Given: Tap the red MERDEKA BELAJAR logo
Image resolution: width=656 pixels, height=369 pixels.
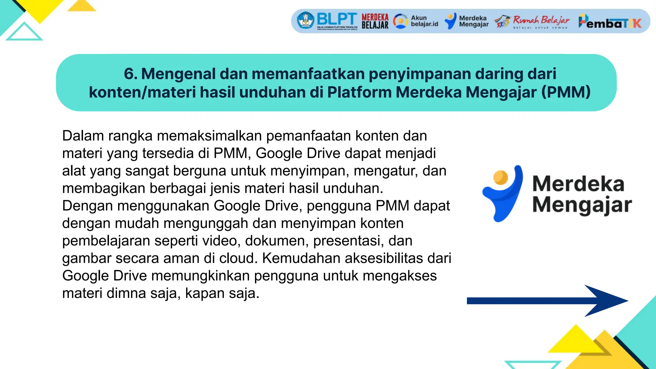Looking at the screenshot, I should [375, 21].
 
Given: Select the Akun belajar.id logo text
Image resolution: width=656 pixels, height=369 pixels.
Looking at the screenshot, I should [424, 21].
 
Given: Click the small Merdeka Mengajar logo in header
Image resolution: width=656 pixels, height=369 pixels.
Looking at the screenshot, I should [467, 21].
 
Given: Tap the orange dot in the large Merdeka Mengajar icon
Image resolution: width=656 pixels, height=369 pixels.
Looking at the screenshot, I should [500, 177].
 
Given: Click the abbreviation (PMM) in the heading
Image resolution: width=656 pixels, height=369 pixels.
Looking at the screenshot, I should [566, 92].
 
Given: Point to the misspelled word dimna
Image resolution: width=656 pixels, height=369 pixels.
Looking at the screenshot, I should [126, 293].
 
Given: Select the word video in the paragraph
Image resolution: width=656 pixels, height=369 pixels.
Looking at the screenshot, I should [224, 241].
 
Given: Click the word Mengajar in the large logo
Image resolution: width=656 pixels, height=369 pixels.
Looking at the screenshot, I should [582, 205].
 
